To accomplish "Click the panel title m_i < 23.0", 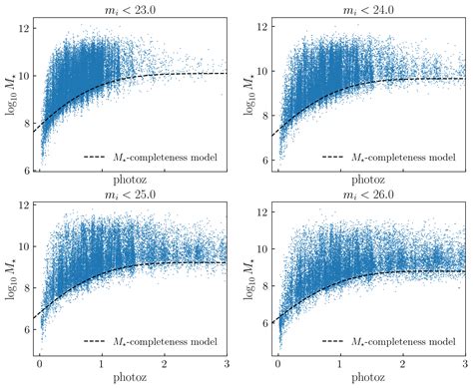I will [133, 8].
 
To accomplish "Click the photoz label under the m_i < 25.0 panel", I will [133, 380].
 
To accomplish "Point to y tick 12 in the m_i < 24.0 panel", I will [260, 24].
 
